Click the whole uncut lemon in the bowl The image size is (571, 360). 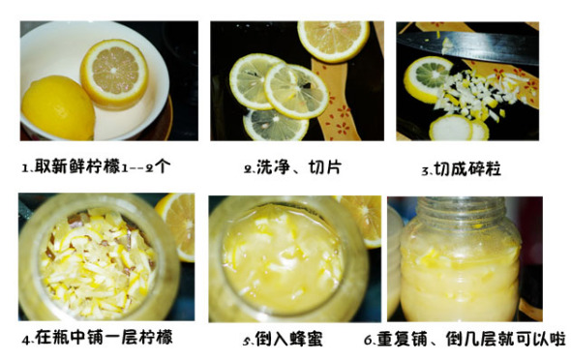[x=58, y=107]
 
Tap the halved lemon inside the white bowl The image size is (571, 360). [x=114, y=74]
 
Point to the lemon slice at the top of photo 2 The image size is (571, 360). [x=333, y=40]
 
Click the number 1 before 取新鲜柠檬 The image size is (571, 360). [x=25, y=168]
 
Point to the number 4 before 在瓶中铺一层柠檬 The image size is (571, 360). [x=26, y=340]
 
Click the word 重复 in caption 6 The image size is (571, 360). [x=394, y=339]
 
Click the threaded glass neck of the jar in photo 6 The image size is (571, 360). [x=462, y=212]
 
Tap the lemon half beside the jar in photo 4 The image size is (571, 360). [x=177, y=225]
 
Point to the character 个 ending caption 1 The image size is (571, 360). [x=162, y=166]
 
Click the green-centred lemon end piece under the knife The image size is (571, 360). [x=427, y=79]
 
